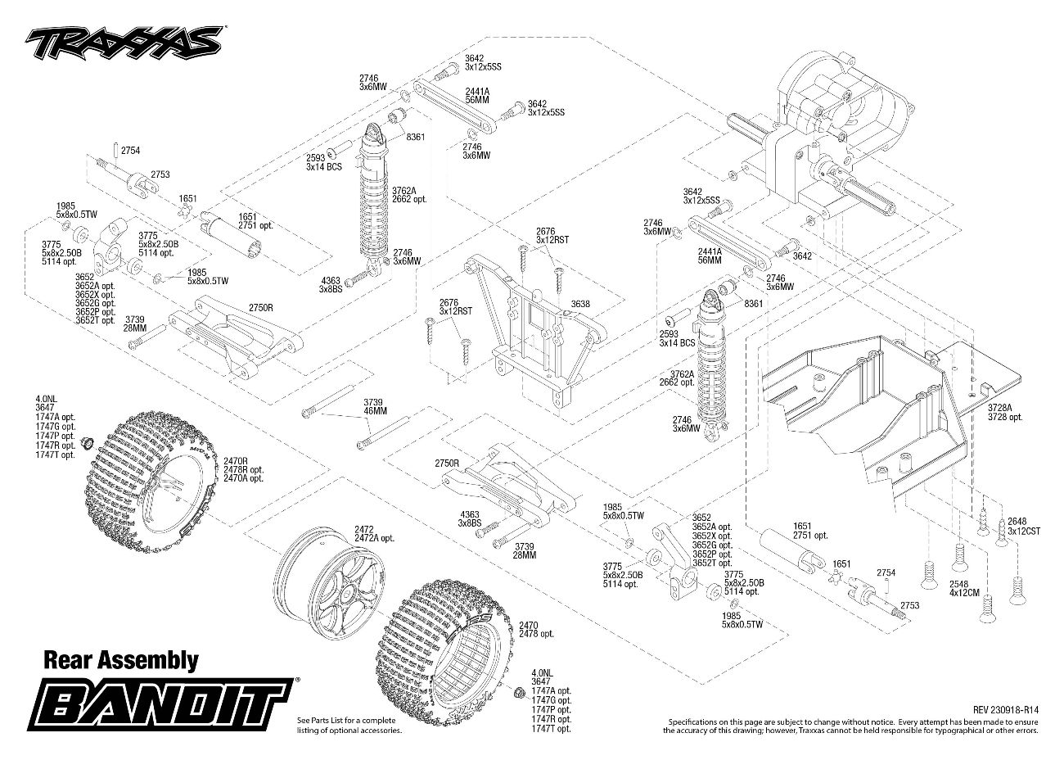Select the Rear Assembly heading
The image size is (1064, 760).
pos(120,660)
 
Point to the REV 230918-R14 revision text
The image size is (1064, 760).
pos(1006,710)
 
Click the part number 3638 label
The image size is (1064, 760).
pos(580,304)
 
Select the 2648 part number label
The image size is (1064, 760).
pos(1017,521)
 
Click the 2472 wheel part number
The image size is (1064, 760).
pos(364,529)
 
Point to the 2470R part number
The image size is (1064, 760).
pos(237,462)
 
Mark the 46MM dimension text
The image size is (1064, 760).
pos(373,411)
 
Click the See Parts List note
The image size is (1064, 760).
pos(349,725)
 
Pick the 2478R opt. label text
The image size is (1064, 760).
pos(245,470)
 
